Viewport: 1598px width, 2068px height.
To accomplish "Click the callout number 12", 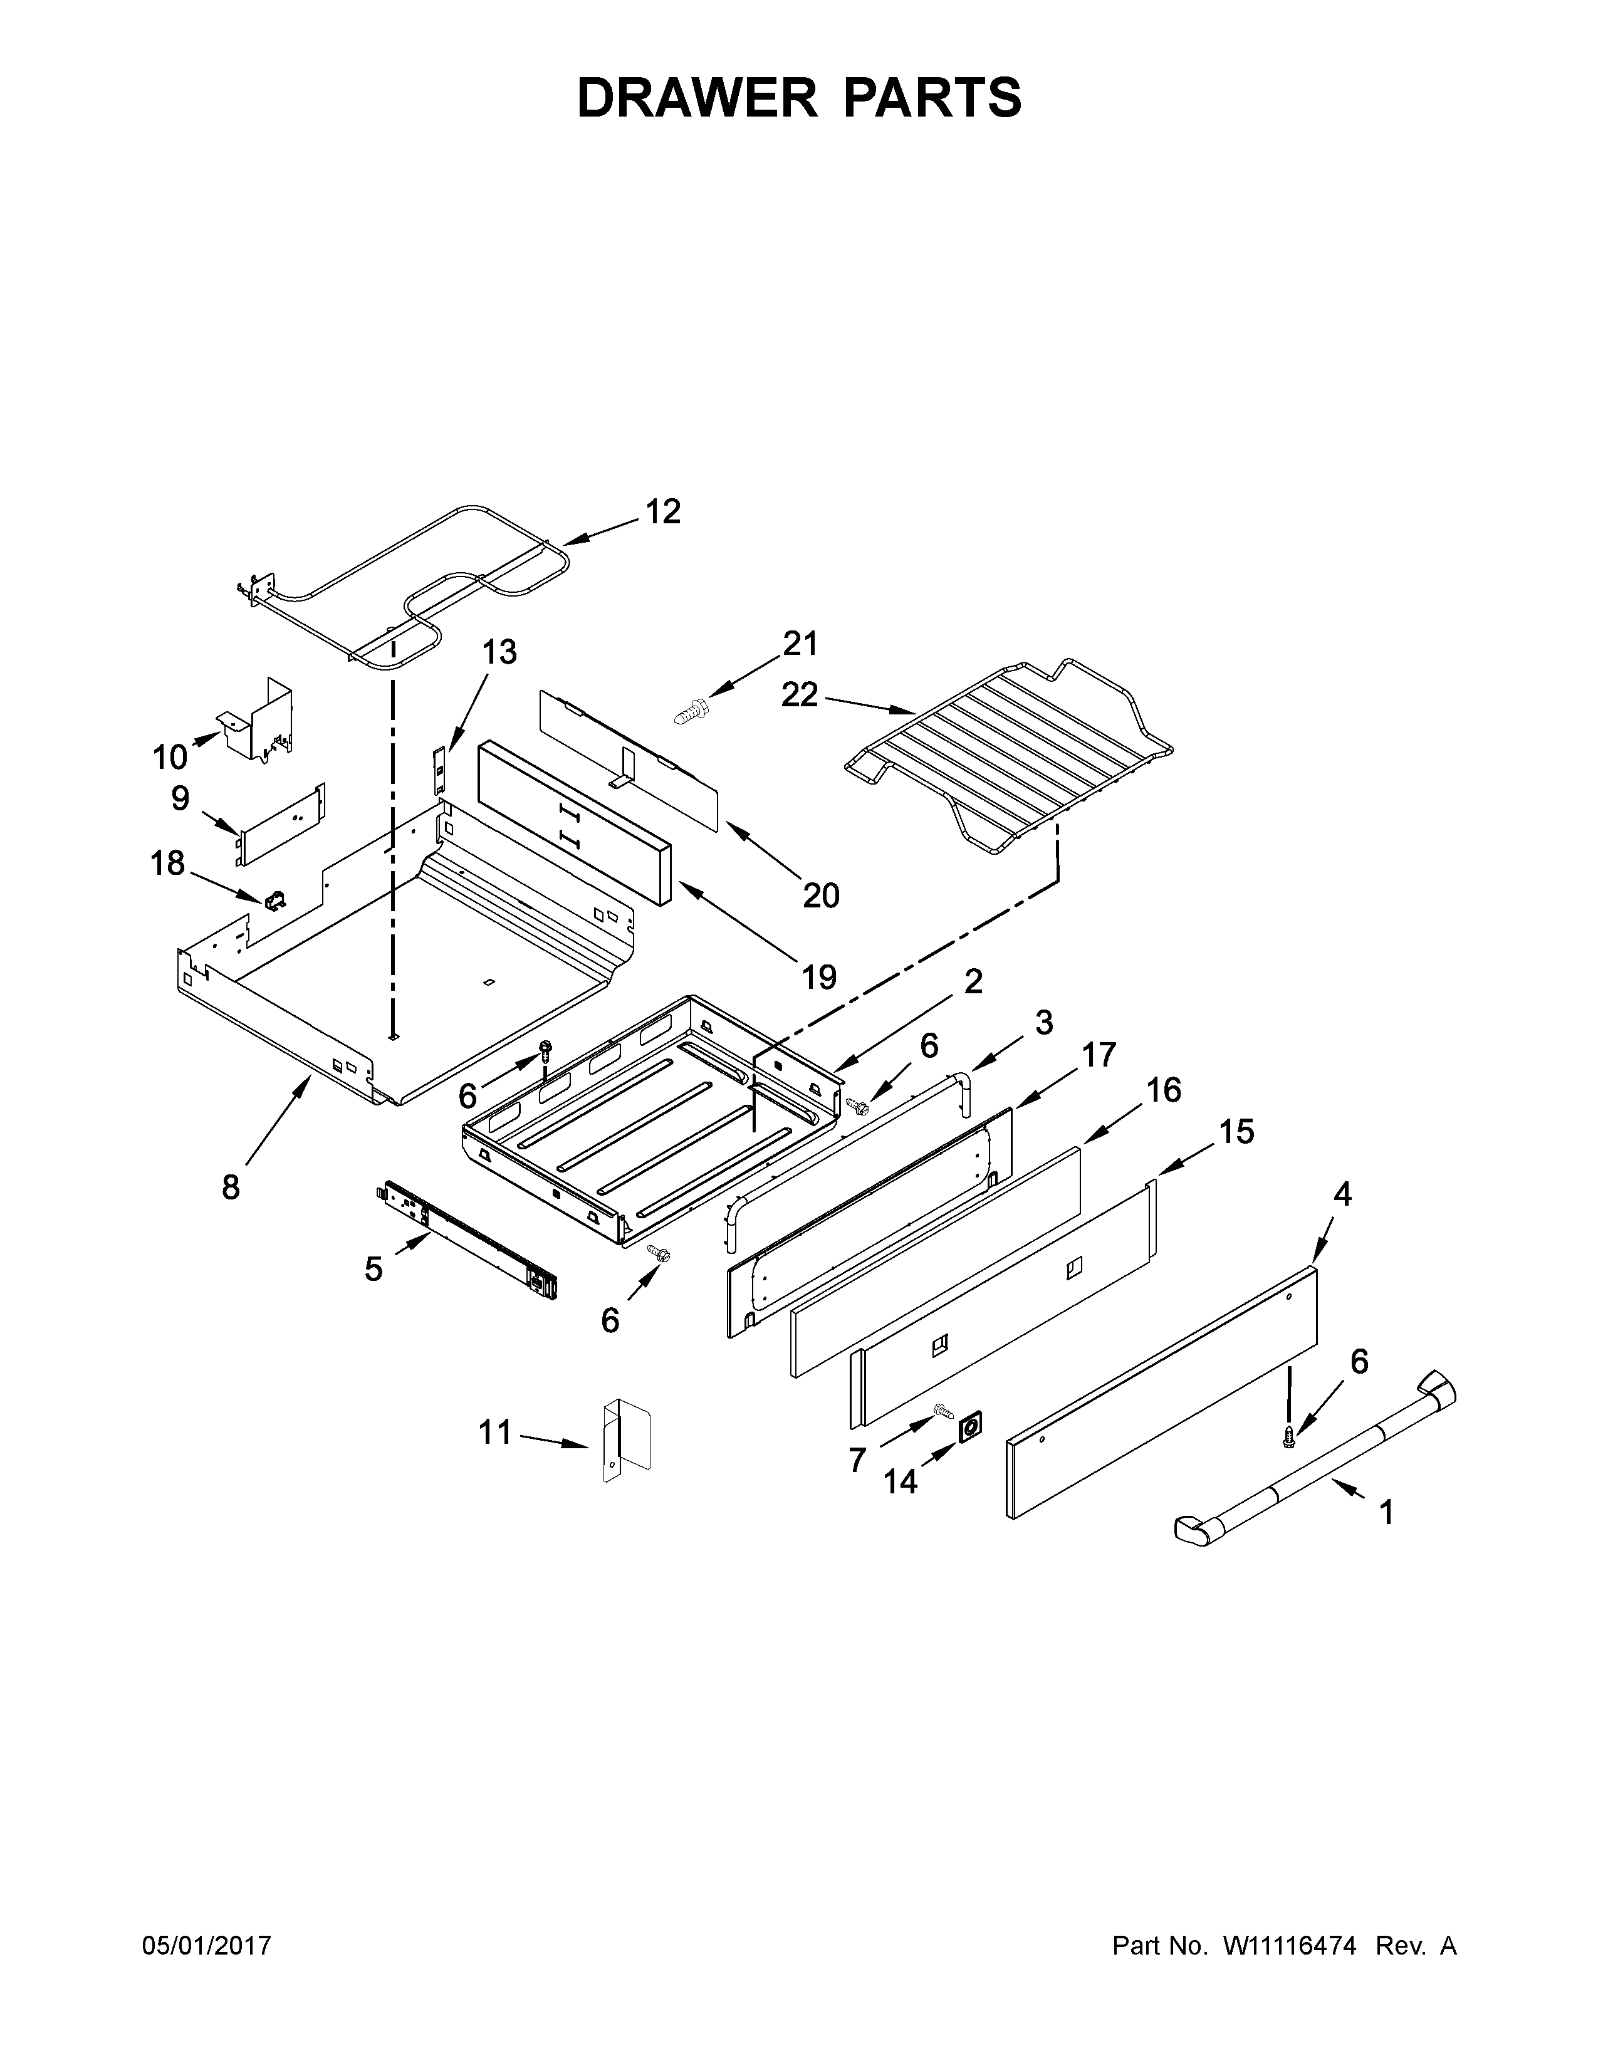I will [662, 511].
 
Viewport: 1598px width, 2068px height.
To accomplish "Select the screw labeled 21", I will [694, 710].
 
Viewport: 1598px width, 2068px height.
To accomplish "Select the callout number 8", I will [231, 1186].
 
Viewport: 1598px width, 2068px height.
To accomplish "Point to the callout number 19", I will [819, 976].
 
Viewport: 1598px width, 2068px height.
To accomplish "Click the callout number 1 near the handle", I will [1386, 1512].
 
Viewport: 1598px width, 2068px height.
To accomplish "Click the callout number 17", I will [1099, 1054].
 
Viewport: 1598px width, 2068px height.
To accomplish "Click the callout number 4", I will [1342, 1195].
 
